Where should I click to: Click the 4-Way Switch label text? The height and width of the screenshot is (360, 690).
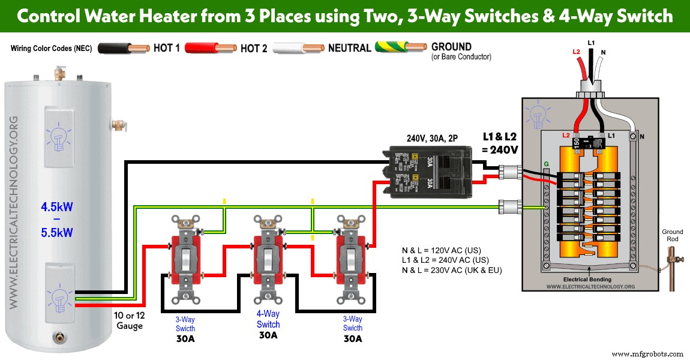268,319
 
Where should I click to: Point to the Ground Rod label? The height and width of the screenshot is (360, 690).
672,235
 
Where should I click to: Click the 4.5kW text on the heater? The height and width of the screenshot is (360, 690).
57,207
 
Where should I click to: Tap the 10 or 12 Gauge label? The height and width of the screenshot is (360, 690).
129,320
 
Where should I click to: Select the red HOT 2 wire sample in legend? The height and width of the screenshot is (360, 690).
210,49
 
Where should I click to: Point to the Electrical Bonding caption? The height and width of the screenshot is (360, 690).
587,280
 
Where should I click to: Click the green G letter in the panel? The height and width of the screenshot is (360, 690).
545,163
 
